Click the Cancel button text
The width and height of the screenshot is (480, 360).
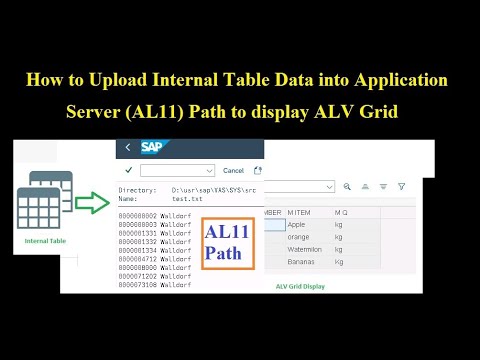pyautogui.click(x=233, y=171)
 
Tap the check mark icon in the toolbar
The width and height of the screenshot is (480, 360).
pyautogui.click(x=128, y=171)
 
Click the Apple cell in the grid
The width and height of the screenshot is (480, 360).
pyautogui.click(x=300, y=225)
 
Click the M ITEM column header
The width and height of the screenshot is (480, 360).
pyautogui.click(x=300, y=212)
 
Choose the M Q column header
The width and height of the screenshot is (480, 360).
pyautogui.click(x=341, y=212)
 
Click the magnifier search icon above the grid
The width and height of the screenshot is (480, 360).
pyautogui.click(x=348, y=187)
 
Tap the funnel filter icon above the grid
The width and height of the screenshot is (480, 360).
pyautogui.click(x=401, y=187)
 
